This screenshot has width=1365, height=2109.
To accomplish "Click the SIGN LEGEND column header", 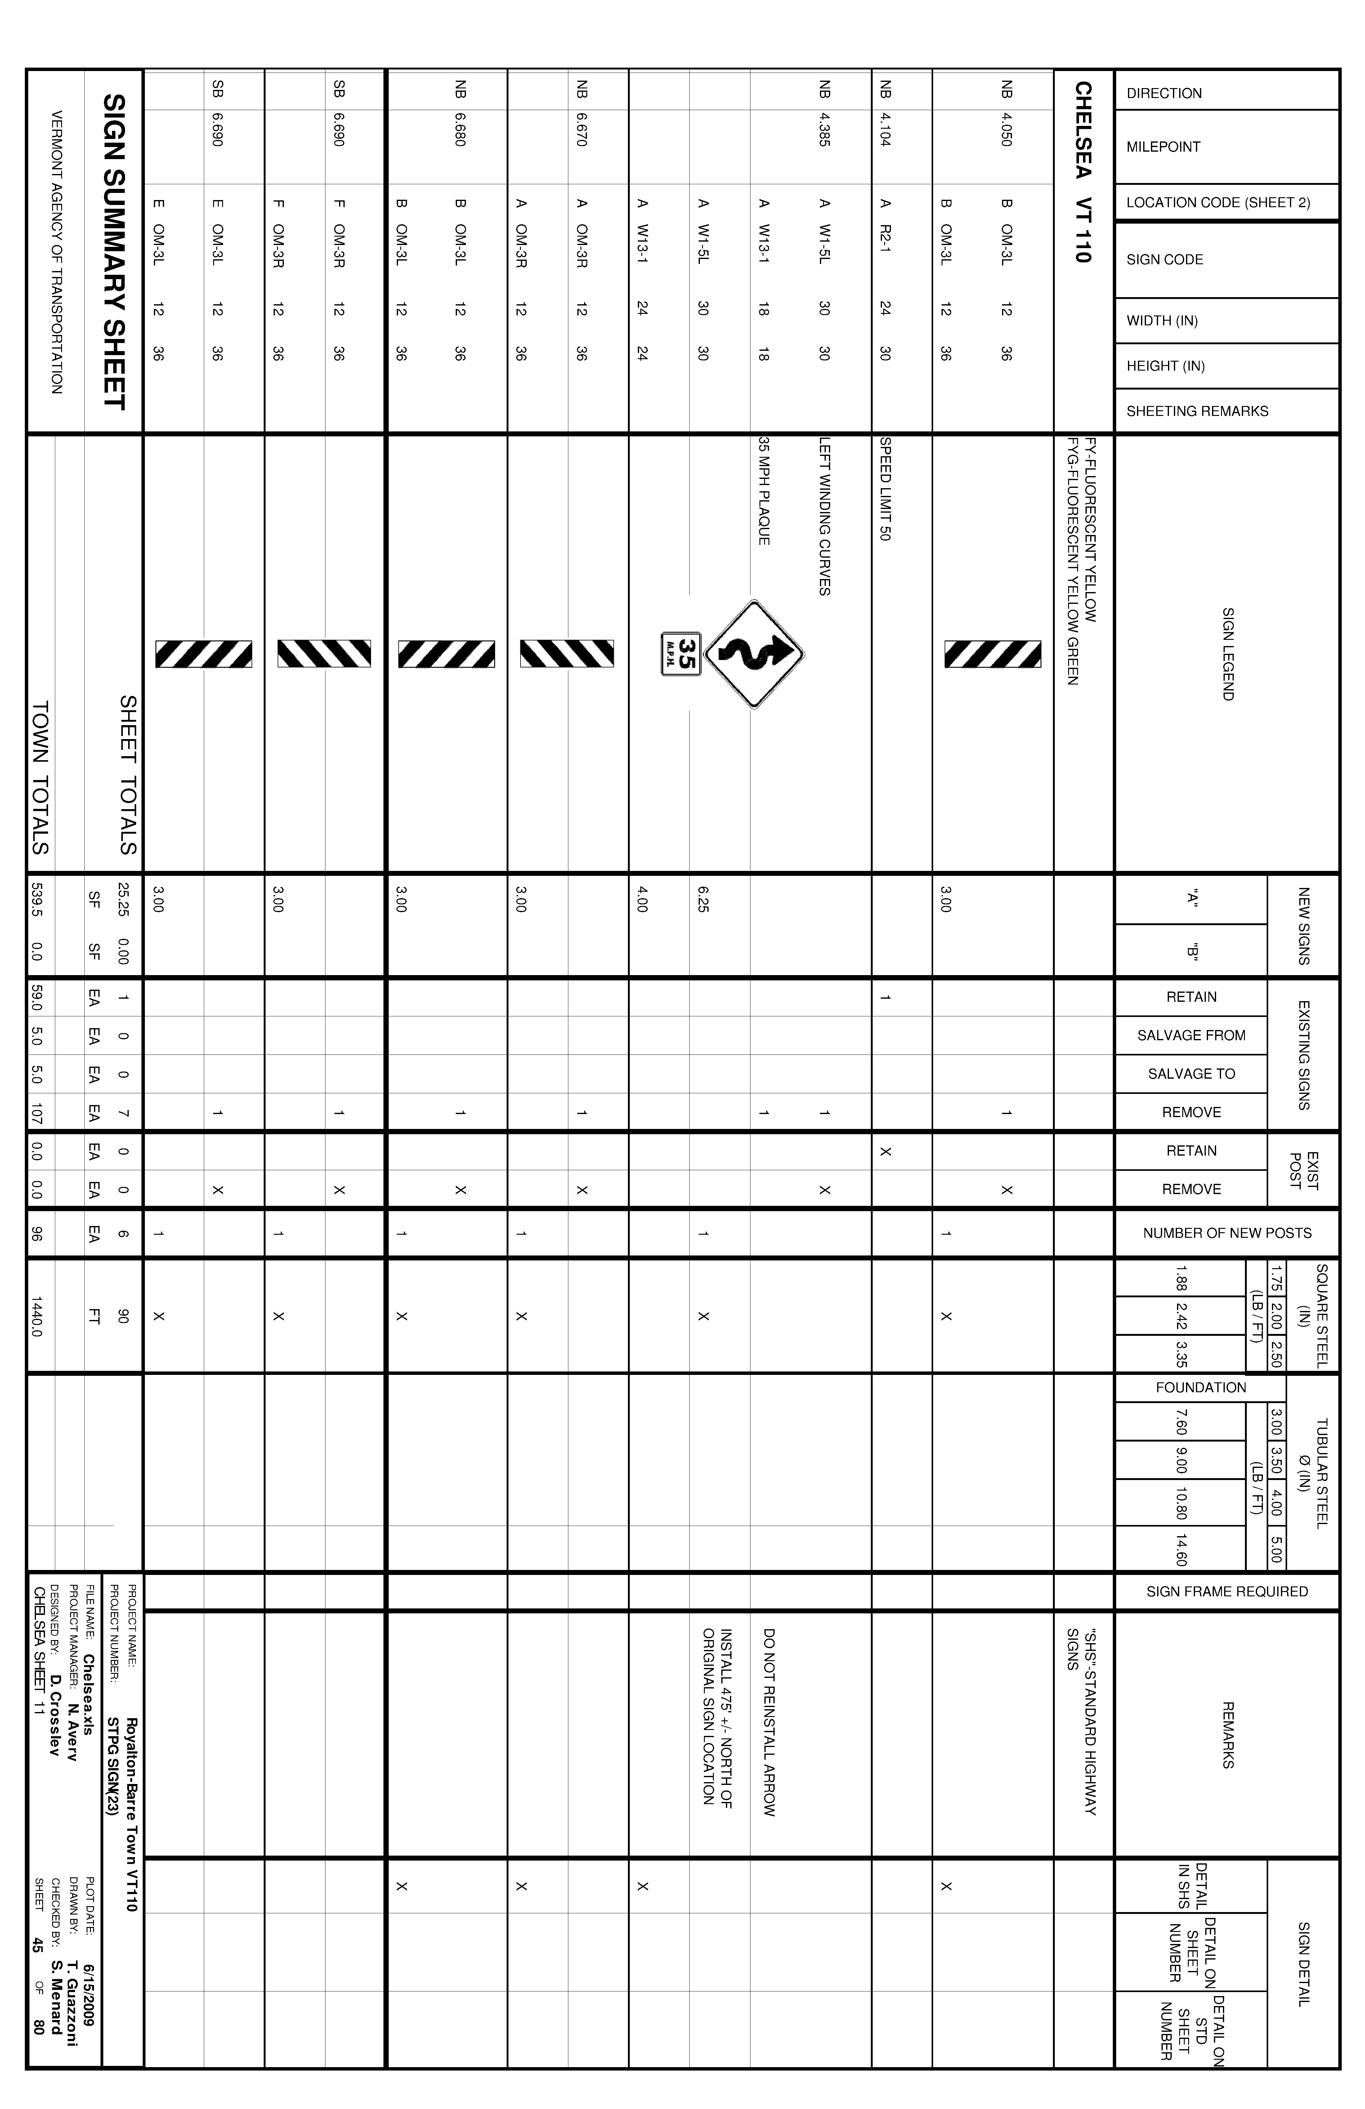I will [1228, 654].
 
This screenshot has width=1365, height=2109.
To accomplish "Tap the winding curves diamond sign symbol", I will [754, 654].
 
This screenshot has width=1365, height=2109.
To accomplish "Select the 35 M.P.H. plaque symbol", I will [681, 654].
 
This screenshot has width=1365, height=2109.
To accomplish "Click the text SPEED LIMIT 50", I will [884, 488].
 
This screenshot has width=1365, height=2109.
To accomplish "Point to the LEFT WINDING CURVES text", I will [824, 516].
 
